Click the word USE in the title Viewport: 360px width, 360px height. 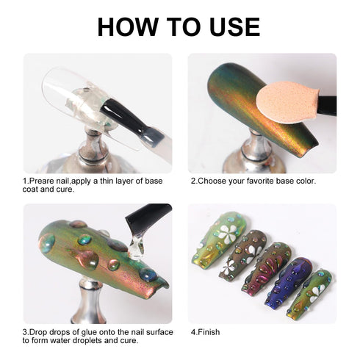pyautogui.click(x=235, y=26)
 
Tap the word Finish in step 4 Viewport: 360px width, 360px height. pyautogui.click(x=209, y=332)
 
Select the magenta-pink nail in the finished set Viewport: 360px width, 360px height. pyautogui.click(x=267, y=269)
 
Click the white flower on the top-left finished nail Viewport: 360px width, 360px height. pyautogui.click(x=228, y=234)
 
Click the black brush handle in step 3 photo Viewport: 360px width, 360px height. pyautogui.click(x=149, y=215)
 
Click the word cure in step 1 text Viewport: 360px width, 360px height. pyautogui.click(x=65, y=190)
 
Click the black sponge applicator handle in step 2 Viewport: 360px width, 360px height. pyautogui.click(x=327, y=105)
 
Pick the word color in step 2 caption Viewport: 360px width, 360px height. pyautogui.click(x=306, y=181)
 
